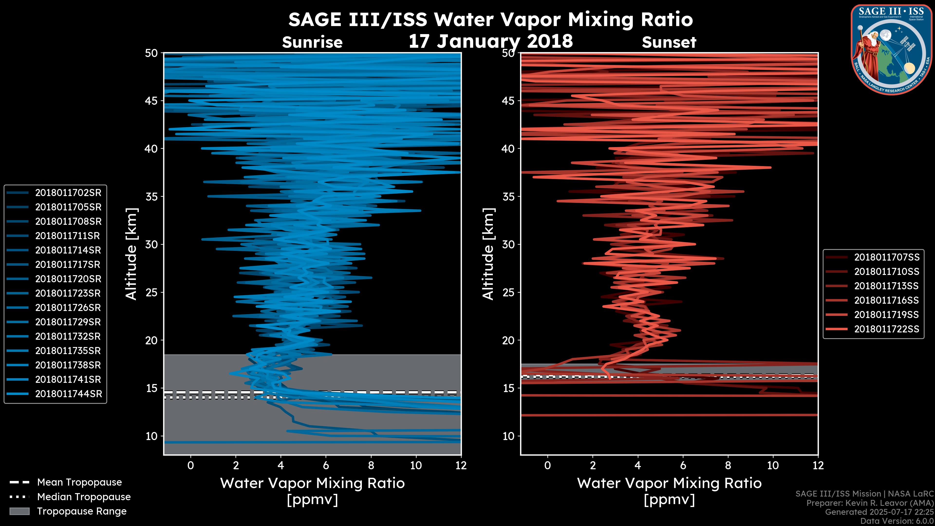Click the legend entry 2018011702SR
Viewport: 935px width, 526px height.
click(68, 193)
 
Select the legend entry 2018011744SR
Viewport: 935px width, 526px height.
click(68, 394)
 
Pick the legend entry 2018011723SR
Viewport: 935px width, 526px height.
click(68, 293)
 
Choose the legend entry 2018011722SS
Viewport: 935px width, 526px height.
click(886, 329)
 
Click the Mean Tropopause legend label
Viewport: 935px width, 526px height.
click(79, 482)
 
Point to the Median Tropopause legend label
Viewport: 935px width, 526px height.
click(84, 497)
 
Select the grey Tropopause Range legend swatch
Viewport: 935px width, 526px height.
click(19, 511)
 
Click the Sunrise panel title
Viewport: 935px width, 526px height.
click(312, 42)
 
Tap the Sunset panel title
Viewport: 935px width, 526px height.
click(669, 42)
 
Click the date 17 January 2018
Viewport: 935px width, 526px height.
click(491, 41)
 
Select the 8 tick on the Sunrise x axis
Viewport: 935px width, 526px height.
click(371, 465)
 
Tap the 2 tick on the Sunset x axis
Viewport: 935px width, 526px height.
click(593, 465)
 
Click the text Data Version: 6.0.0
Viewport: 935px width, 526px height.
click(897, 521)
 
